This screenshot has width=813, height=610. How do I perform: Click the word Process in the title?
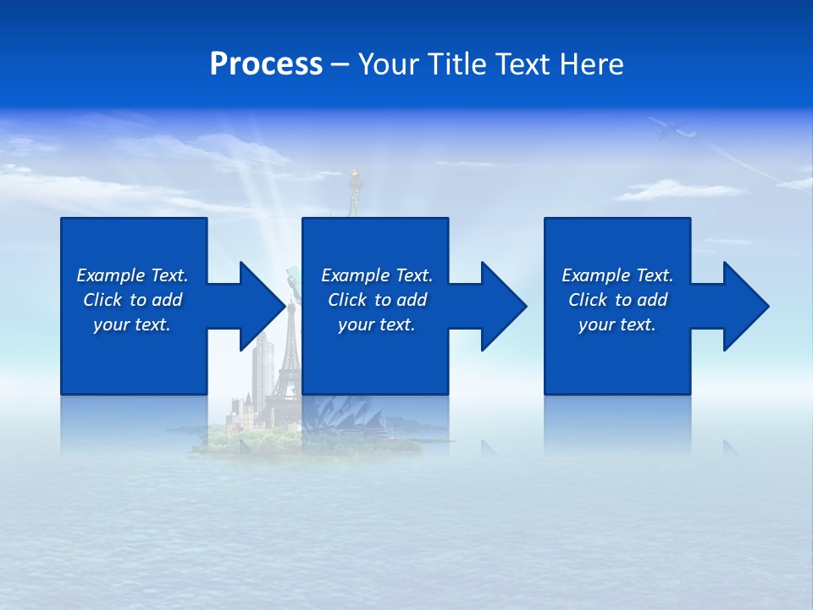[x=266, y=64]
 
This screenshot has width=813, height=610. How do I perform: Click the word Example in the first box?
[x=111, y=275]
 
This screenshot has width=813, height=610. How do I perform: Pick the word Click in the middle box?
[x=347, y=300]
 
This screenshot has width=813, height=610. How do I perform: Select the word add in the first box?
[x=166, y=300]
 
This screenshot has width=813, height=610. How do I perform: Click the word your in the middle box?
[x=356, y=324]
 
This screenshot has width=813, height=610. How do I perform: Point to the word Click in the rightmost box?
[x=588, y=300]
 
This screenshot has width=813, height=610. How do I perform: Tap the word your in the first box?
[x=111, y=324]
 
